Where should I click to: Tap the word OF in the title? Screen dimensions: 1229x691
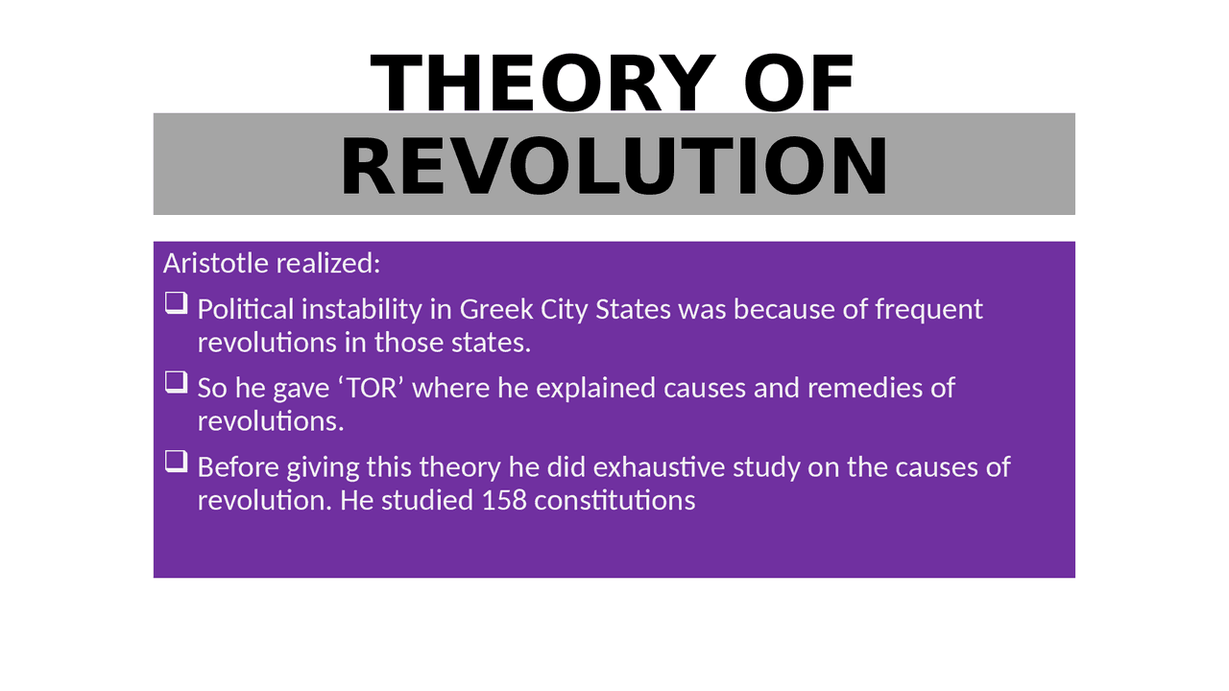click(x=799, y=83)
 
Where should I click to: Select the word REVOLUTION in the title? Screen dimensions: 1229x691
click(x=614, y=166)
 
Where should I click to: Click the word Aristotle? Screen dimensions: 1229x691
click(x=216, y=263)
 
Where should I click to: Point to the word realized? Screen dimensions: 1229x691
click(x=328, y=263)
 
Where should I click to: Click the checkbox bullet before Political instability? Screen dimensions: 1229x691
click(x=176, y=303)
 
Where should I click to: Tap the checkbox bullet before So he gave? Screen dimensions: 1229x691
click(x=176, y=382)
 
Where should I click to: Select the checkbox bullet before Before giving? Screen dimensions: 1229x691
click(x=176, y=462)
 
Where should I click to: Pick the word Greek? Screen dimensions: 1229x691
click(x=496, y=309)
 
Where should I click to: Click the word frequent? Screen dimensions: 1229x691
click(x=928, y=310)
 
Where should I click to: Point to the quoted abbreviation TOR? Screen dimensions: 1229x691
click(x=372, y=388)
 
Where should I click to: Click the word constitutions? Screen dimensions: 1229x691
click(x=614, y=501)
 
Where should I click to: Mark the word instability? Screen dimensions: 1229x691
click(x=362, y=310)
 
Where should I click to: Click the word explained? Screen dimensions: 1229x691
click(x=596, y=390)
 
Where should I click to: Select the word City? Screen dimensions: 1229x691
click(x=564, y=310)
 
